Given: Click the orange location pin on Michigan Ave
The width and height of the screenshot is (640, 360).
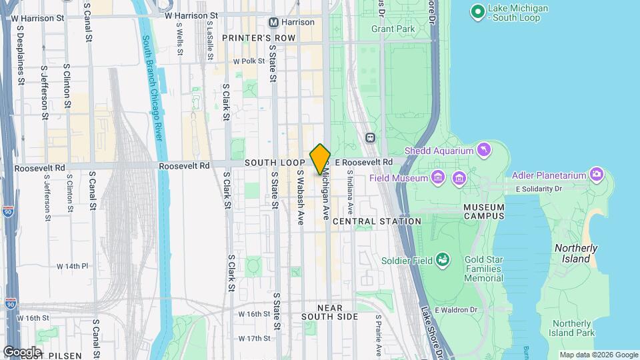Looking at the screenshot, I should point(320,159).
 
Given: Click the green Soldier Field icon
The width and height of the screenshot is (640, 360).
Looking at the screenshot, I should point(441,260).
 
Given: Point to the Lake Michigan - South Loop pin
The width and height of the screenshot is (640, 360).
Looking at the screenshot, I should point(477,11).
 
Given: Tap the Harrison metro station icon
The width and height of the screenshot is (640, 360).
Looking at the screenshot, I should point(273,22).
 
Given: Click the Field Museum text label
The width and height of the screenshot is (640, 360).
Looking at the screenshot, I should point(398,179).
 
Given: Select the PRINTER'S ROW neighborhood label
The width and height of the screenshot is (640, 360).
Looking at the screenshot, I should point(259,38).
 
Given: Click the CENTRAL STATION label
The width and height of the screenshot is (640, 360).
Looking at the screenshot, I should point(376,221).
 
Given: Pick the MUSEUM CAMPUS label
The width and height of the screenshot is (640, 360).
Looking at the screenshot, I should point(484,212).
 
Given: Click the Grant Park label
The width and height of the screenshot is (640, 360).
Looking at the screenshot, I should point(393,29).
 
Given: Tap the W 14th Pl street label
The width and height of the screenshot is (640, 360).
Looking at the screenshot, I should point(72,266).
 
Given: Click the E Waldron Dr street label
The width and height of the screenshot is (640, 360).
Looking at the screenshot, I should point(457,309).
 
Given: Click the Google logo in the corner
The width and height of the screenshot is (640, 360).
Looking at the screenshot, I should point(22,351).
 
